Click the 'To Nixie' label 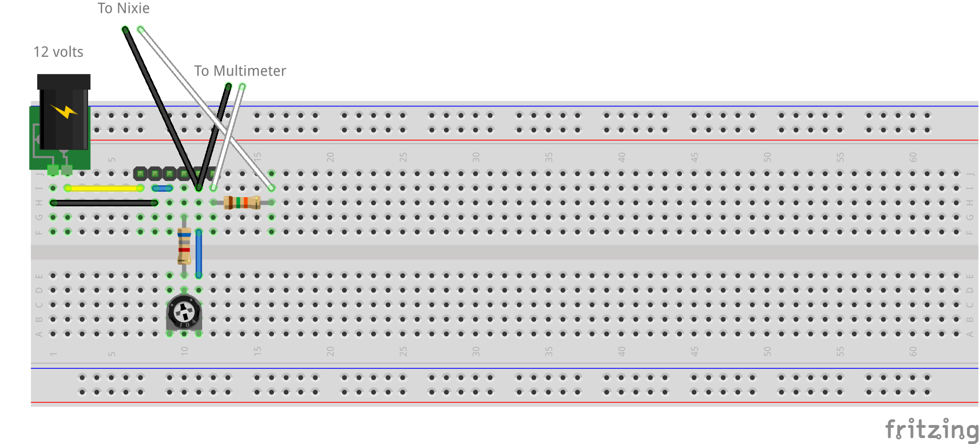tap(123, 8)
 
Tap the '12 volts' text tap(58, 52)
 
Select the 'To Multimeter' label tap(240, 71)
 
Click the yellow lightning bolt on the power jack tap(64, 111)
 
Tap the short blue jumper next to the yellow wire tap(162, 188)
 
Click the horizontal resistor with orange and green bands tap(242, 203)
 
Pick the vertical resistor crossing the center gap tap(184, 246)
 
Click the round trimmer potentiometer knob tap(184, 312)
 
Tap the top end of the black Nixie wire tap(125, 29)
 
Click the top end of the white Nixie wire tap(140, 29)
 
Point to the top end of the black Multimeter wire tap(229, 86)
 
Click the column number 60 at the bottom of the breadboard tap(913, 351)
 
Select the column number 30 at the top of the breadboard tap(475, 157)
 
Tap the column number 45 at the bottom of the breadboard tap(694, 351)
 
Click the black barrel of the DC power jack tap(63, 116)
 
